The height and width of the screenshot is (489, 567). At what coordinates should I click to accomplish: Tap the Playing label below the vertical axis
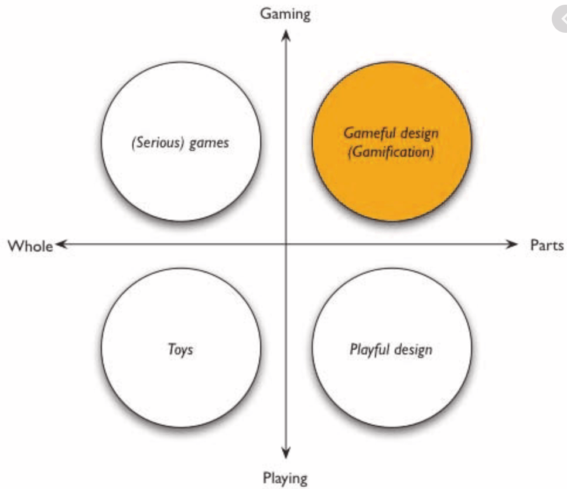pyautogui.click(x=285, y=478)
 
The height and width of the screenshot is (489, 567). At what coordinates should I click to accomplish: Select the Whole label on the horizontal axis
pyautogui.click(x=30, y=246)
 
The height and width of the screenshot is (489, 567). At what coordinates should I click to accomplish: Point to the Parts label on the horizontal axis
pyautogui.click(x=546, y=244)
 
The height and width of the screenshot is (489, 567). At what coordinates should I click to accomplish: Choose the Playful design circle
pyautogui.click(x=391, y=349)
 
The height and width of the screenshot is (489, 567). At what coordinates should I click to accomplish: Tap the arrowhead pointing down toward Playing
pyautogui.click(x=286, y=452)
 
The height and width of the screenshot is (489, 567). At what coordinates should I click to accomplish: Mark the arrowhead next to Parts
pyautogui.click(x=513, y=244)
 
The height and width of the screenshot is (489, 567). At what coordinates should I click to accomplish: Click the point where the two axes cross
pyautogui.click(x=286, y=244)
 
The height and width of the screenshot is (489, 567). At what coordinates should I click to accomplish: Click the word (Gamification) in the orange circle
pyautogui.click(x=391, y=155)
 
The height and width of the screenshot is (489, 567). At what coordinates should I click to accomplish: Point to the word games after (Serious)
pyautogui.click(x=209, y=143)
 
